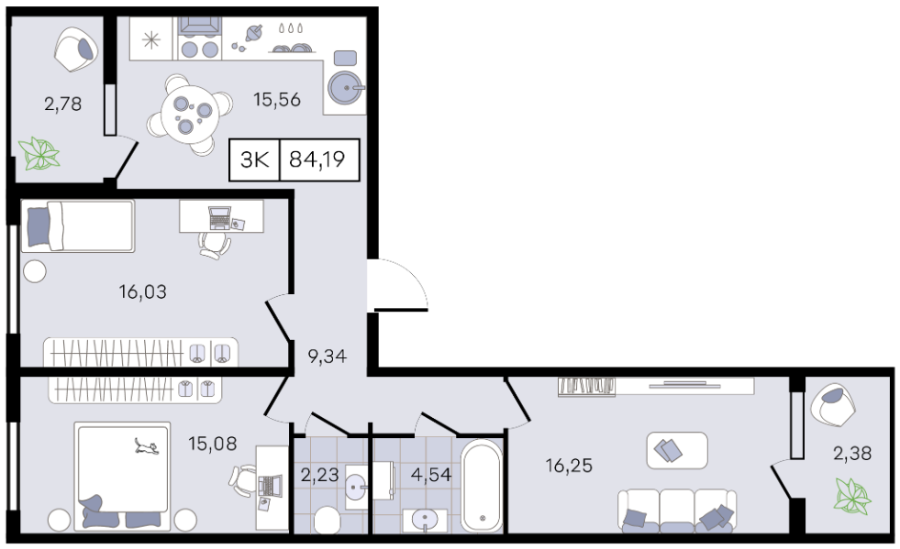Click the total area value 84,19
(317, 159)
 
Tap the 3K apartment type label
(254, 159)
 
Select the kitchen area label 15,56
(277, 100)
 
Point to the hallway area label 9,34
(328, 357)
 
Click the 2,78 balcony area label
(62, 104)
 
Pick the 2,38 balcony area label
(852, 453)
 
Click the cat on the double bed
(147, 445)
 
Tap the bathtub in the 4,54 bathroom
(482, 486)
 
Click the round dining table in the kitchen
(189, 114)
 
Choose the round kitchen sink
(345, 88)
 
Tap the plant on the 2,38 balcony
(853, 496)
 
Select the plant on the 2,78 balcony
(39, 154)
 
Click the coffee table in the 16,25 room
(677, 450)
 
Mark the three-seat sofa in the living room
(677, 510)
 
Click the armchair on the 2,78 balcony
(76, 49)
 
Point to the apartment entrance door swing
(399, 285)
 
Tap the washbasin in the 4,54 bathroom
(425, 520)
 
